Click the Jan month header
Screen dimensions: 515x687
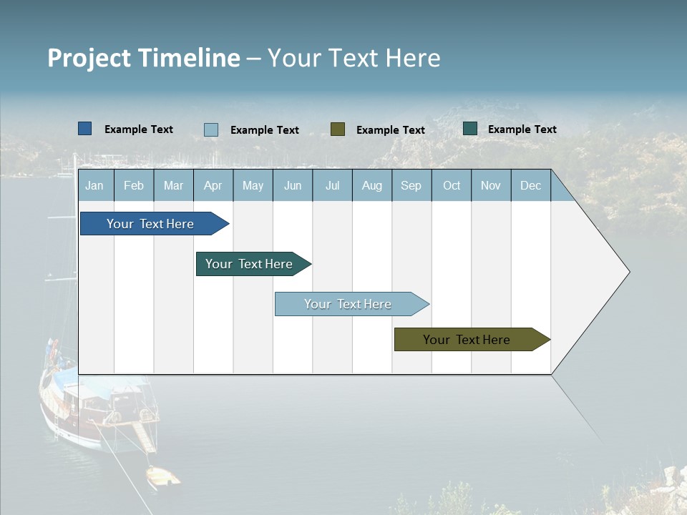coord(95,185)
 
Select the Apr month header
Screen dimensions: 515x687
coord(213,185)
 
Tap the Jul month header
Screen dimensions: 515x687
coord(332,185)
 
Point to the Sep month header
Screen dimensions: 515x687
coord(411,185)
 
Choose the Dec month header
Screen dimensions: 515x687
coord(530,185)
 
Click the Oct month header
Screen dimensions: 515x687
coord(452,185)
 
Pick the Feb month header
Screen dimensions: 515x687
coord(134,185)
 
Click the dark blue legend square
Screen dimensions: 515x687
coord(84,129)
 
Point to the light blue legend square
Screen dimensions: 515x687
coord(211,129)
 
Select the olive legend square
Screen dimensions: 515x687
coord(338,129)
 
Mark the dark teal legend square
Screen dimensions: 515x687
coord(470,129)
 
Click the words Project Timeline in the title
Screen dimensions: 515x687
coord(144,58)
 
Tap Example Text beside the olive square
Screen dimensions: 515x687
coord(391,130)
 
